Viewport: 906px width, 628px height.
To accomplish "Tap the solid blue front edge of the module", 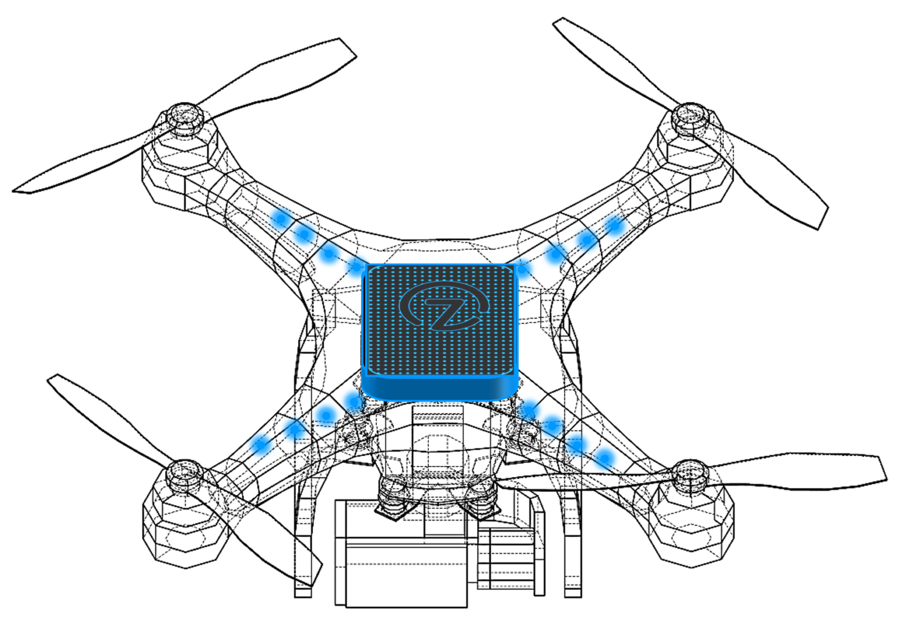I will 440,387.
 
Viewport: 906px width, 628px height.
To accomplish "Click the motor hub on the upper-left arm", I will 185,118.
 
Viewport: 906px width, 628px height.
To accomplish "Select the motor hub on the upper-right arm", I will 691,116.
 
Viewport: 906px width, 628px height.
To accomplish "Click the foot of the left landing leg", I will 303,591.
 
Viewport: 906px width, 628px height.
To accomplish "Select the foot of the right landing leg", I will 572,591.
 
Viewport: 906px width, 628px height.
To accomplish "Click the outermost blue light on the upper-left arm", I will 281,219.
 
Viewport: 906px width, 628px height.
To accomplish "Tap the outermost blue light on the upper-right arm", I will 615,225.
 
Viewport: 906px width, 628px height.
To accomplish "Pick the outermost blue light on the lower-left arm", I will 260,443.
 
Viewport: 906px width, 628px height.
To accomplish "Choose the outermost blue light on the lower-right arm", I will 605,458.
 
